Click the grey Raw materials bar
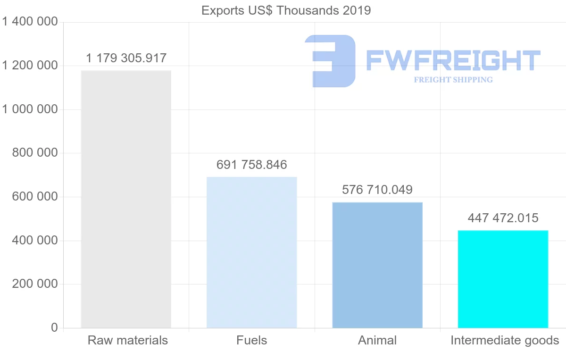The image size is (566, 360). [x=126, y=199]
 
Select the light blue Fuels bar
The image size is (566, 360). [x=252, y=252]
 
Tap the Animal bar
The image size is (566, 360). [x=377, y=265]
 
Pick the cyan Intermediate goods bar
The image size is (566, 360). [x=503, y=279]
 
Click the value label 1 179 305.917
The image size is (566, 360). [x=126, y=59]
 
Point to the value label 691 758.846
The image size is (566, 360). [x=252, y=165]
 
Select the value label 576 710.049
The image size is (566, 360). [x=377, y=190]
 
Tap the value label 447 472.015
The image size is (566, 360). [x=503, y=218]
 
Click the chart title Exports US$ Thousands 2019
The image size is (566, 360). [x=286, y=10]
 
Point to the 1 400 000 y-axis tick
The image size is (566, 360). [x=30, y=22]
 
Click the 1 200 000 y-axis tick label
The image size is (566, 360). [x=30, y=66]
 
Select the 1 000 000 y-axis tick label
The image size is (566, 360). [x=30, y=109]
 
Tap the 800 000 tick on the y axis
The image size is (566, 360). [x=34, y=153]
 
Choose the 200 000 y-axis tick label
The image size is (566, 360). [x=34, y=284]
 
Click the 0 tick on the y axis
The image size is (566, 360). [x=54, y=328]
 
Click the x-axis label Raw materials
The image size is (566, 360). [x=128, y=340]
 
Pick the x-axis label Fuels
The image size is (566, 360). [x=252, y=340]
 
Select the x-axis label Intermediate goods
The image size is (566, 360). [x=505, y=340]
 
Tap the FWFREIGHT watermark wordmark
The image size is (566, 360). [x=453, y=60]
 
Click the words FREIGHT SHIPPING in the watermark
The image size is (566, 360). [x=453, y=80]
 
